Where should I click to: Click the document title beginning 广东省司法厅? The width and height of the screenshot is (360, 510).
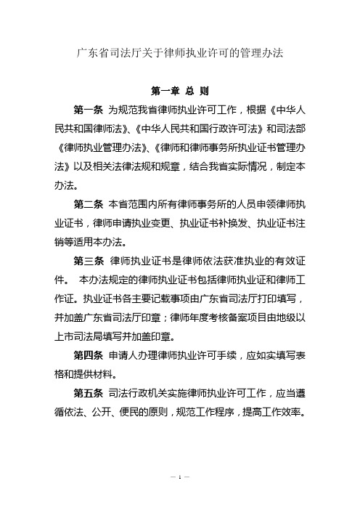(x=179, y=53)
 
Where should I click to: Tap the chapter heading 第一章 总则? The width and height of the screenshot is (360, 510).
(x=179, y=92)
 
